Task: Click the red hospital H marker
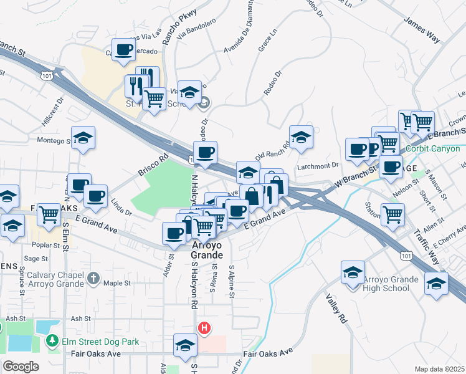[x=203, y=328]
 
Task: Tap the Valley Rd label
[x=335, y=309]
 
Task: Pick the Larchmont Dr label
[x=318, y=165]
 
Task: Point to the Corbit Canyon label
[x=433, y=148]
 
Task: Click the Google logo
[x=21, y=366]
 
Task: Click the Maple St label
[x=117, y=283]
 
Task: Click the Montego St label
[x=54, y=140]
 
